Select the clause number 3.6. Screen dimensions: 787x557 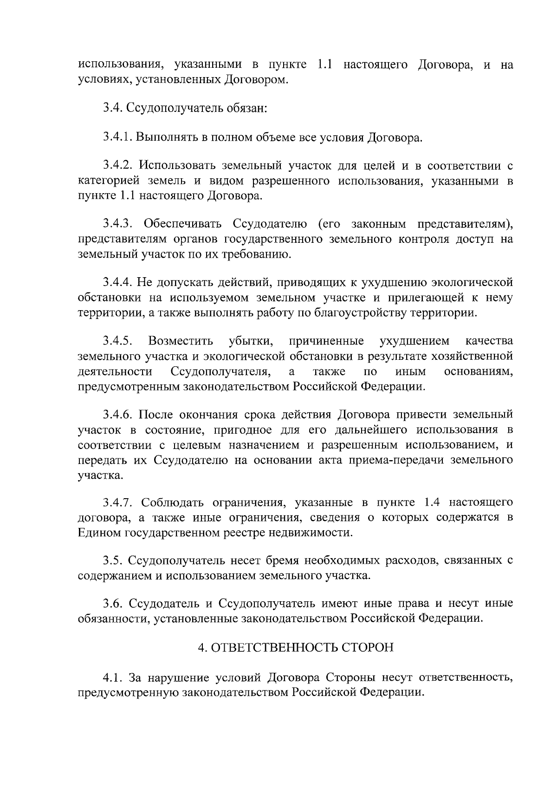point(112,604)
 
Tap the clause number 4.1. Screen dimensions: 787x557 point(112,677)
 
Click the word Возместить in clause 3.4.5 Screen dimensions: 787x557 point(181,341)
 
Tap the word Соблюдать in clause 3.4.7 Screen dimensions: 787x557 point(172,502)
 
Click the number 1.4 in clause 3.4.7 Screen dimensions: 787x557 point(434,502)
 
